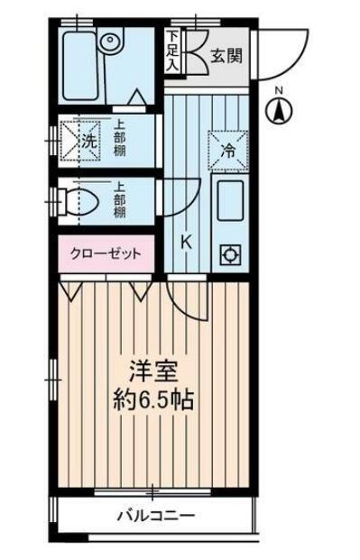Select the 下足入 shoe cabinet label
172,52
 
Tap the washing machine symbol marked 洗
82,140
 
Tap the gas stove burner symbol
229,255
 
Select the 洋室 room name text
151,372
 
